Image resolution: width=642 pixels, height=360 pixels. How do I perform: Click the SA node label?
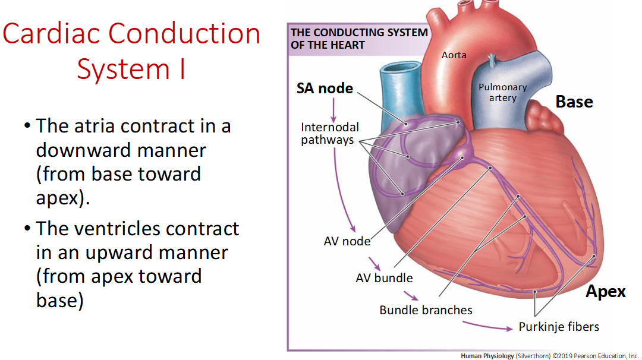(x=325, y=89)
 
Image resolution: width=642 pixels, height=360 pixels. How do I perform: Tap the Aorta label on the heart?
(x=454, y=55)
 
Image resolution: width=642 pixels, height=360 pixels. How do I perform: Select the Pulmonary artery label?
(x=503, y=93)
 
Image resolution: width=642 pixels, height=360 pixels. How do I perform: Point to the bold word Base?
(x=574, y=102)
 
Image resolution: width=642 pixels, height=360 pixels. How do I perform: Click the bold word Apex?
(x=606, y=292)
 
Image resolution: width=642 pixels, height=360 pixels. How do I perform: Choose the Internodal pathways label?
(x=329, y=133)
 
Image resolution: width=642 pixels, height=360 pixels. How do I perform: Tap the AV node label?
(x=347, y=241)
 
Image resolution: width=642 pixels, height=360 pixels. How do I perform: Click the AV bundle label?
(x=384, y=278)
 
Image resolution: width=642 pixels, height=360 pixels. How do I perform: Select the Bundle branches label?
(x=426, y=310)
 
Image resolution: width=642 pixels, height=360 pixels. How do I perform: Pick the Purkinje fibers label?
(x=559, y=327)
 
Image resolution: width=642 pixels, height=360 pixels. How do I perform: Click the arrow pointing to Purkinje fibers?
(x=487, y=326)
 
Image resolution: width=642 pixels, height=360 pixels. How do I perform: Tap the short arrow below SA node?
(x=333, y=110)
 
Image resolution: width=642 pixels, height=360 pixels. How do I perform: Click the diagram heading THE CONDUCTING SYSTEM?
(x=359, y=32)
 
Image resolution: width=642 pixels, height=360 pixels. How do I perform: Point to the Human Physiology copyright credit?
(x=549, y=356)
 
